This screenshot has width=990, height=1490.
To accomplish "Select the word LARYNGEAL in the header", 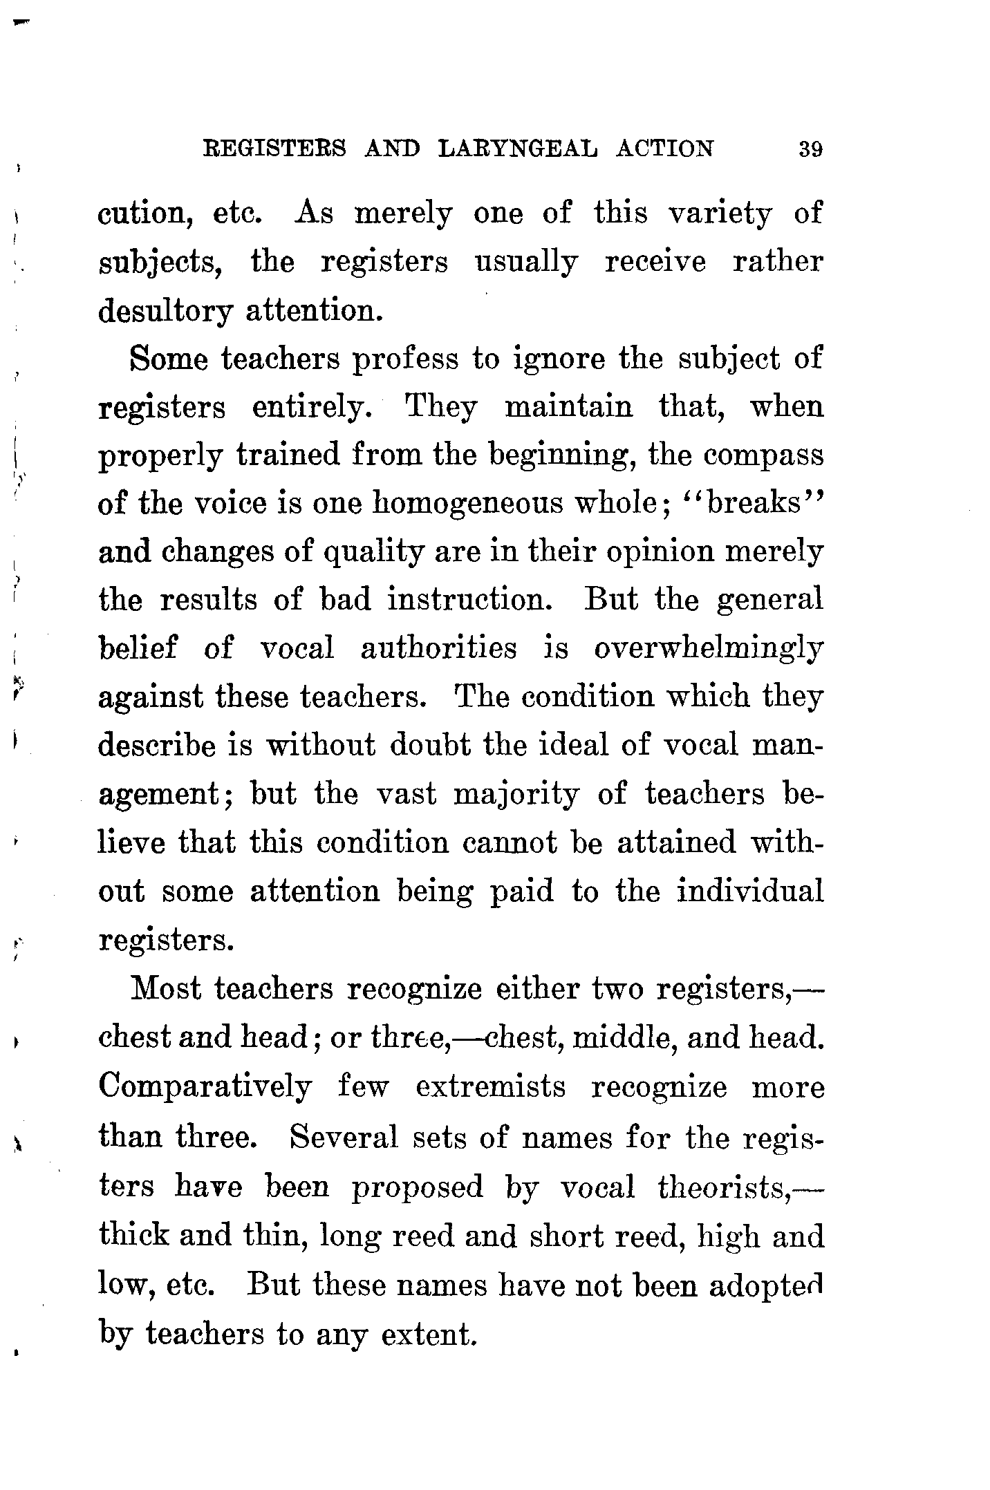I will pyautogui.click(x=519, y=149).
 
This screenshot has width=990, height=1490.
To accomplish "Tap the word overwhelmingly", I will pyautogui.click(x=708, y=650).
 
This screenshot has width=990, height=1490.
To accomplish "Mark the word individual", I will pyautogui.click(x=750, y=892).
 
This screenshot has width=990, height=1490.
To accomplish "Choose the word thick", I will pyautogui.click(x=133, y=1236).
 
